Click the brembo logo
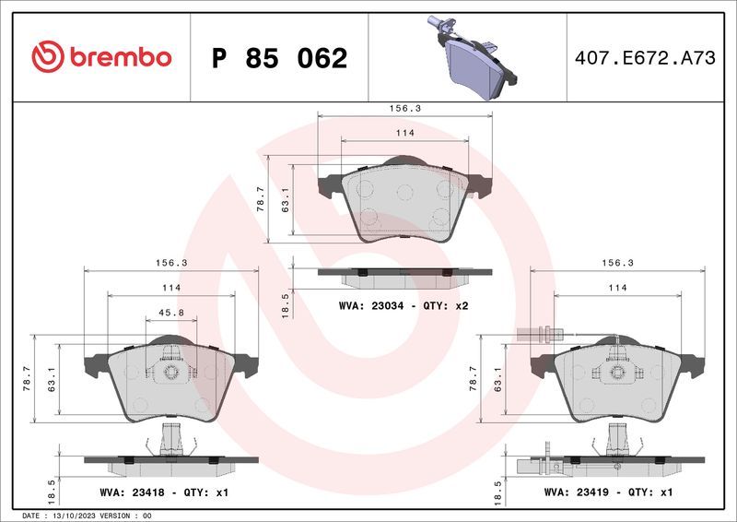(x=101, y=57)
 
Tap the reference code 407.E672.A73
(x=644, y=58)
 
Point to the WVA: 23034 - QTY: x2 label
(x=404, y=304)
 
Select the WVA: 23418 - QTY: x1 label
(x=165, y=492)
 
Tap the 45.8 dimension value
(x=171, y=313)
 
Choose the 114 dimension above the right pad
(x=617, y=288)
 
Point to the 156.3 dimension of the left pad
(x=171, y=263)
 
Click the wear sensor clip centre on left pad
(x=170, y=371)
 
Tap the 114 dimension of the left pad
(x=171, y=288)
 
